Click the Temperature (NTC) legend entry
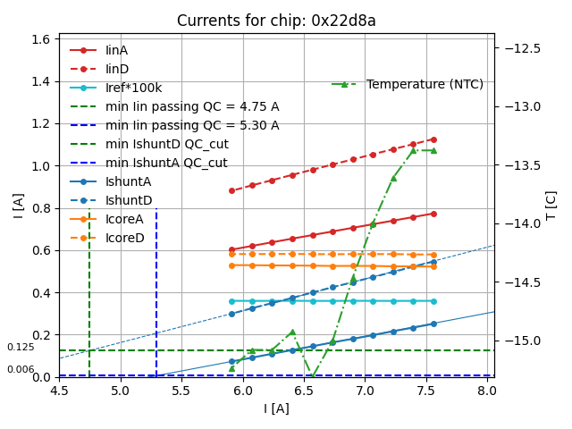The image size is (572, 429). point(425,84)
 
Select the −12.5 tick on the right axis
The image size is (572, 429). point(522,47)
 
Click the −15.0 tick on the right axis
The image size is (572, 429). point(522,341)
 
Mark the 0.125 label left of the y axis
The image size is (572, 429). point(21,348)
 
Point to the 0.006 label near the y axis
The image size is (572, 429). point(21,369)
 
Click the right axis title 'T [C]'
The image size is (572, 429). point(551,205)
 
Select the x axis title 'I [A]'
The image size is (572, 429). point(276,408)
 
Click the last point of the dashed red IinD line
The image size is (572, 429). point(433,139)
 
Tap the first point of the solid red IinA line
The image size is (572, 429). point(231,250)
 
